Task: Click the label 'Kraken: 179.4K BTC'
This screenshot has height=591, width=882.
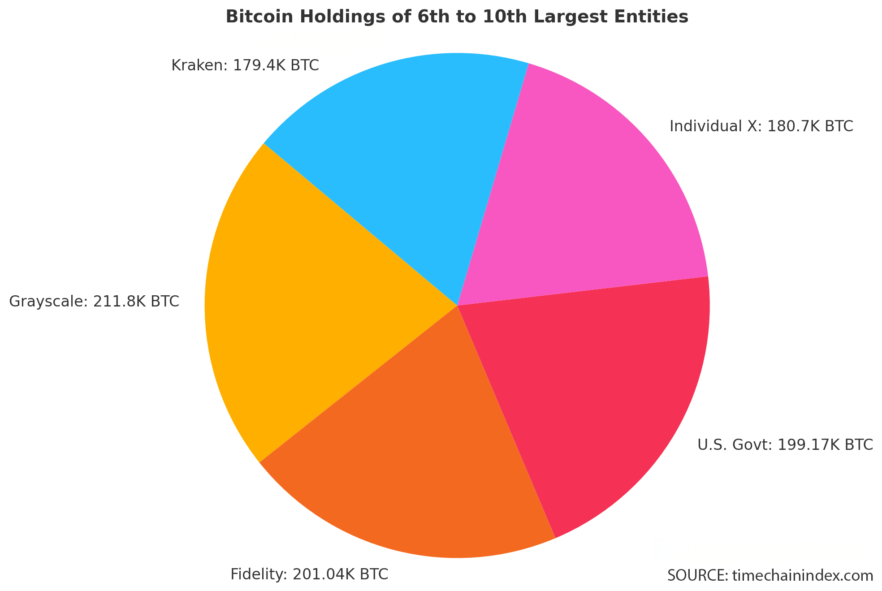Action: coord(245,66)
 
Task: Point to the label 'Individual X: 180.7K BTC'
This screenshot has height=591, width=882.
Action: coord(761,126)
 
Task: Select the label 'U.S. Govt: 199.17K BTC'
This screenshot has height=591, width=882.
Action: coord(785,444)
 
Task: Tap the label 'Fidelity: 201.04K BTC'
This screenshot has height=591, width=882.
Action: coord(309,574)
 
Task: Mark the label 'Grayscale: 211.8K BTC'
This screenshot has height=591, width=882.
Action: coord(94,301)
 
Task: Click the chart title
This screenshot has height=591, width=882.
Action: coord(457,17)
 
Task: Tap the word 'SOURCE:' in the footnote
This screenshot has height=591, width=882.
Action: coord(697,575)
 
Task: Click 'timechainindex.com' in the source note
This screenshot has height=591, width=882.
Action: coord(803,575)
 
